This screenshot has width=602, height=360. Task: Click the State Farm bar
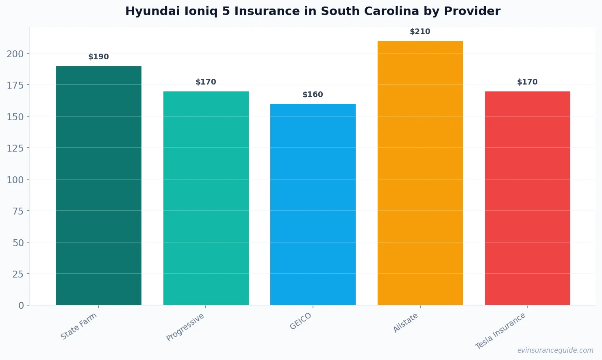point(99,185)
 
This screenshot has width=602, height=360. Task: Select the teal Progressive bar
point(206,198)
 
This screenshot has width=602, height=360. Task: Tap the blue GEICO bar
point(313,204)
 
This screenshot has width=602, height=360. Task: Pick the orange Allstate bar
point(420,173)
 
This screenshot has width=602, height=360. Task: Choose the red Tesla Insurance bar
point(527,198)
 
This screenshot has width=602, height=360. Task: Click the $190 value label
point(99,57)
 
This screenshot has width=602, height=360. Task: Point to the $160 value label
point(313,95)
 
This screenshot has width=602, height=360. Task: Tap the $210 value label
point(420,32)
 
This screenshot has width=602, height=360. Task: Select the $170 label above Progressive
point(206,82)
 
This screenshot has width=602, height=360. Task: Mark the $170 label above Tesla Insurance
point(527,82)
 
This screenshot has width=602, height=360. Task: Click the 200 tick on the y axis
point(15,54)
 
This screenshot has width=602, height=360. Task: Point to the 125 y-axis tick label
point(15,148)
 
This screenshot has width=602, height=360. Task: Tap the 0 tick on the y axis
point(21,306)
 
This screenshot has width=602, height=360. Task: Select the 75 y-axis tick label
point(18,211)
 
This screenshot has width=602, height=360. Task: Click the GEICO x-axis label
point(301,321)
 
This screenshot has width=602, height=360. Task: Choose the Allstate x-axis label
point(406,323)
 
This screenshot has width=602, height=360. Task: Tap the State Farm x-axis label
point(79,326)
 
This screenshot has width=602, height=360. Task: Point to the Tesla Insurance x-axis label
point(500,331)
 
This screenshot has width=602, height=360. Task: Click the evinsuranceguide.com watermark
point(555,350)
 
